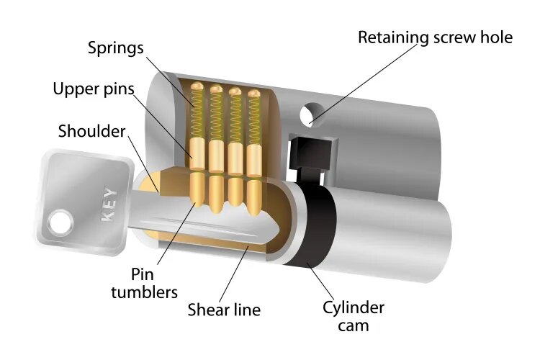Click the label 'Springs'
point(116,49)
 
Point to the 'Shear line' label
point(224,311)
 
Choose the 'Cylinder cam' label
point(352,317)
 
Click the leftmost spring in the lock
point(197,115)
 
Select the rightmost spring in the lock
point(253,119)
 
